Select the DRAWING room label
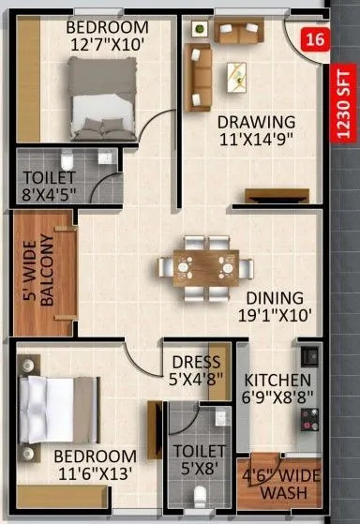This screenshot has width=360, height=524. pos(257,122)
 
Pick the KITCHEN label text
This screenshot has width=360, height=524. pos(277,380)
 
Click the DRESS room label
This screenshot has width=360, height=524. pos(196,362)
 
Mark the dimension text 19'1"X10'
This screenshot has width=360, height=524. pos(277,316)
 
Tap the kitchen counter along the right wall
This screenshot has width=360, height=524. pos(307,393)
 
